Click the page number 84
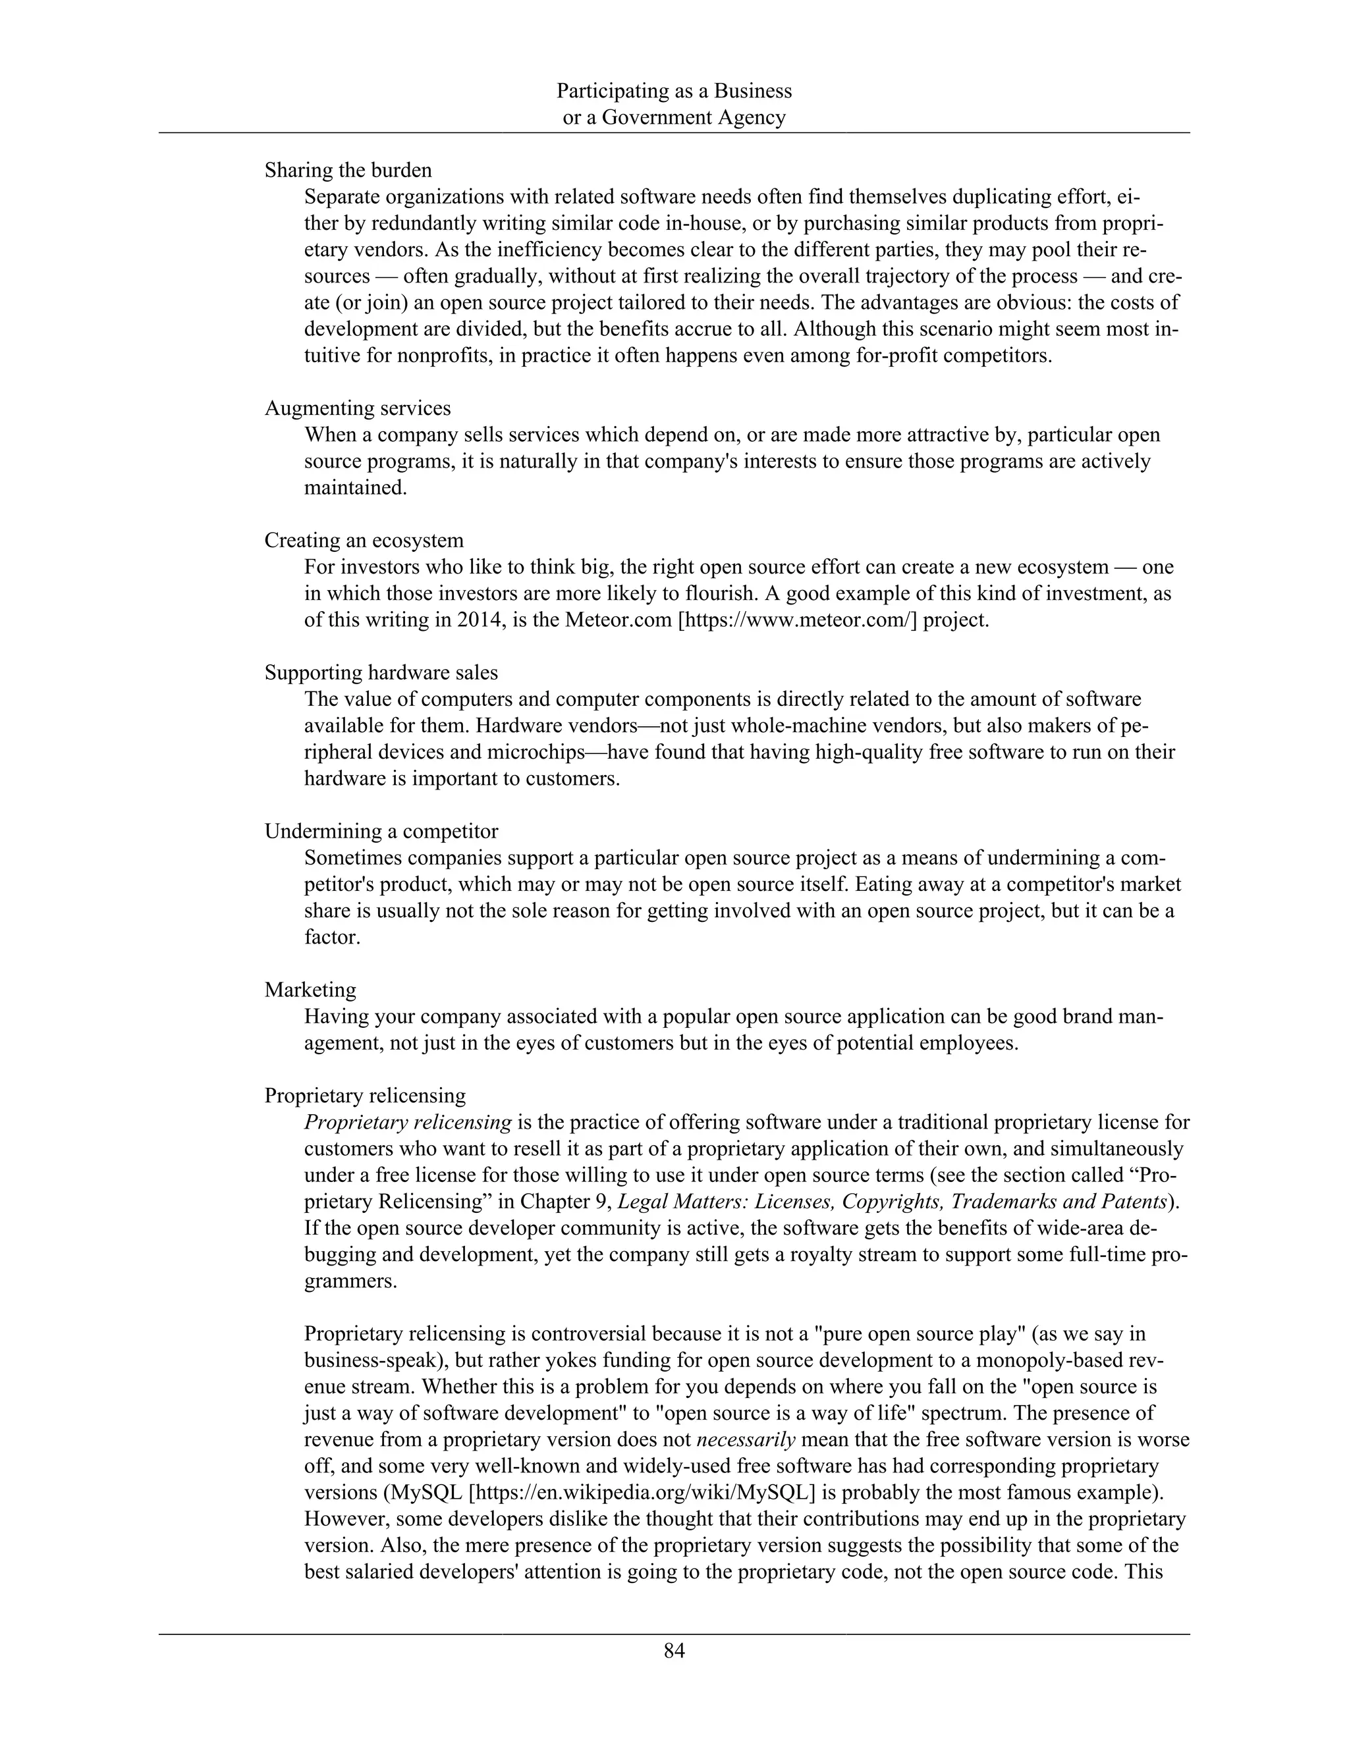pyautogui.click(x=674, y=1651)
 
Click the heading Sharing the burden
pyautogui.click(x=348, y=170)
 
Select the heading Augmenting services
pyautogui.click(x=357, y=408)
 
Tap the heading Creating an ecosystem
pyautogui.click(x=364, y=540)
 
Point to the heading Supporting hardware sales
pyautogui.click(x=381, y=673)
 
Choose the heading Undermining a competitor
pyautogui.click(x=381, y=831)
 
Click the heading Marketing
pyautogui.click(x=310, y=990)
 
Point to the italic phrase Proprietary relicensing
pyautogui.click(x=408, y=1122)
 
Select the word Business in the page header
pyautogui.click(x=753, y=91)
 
